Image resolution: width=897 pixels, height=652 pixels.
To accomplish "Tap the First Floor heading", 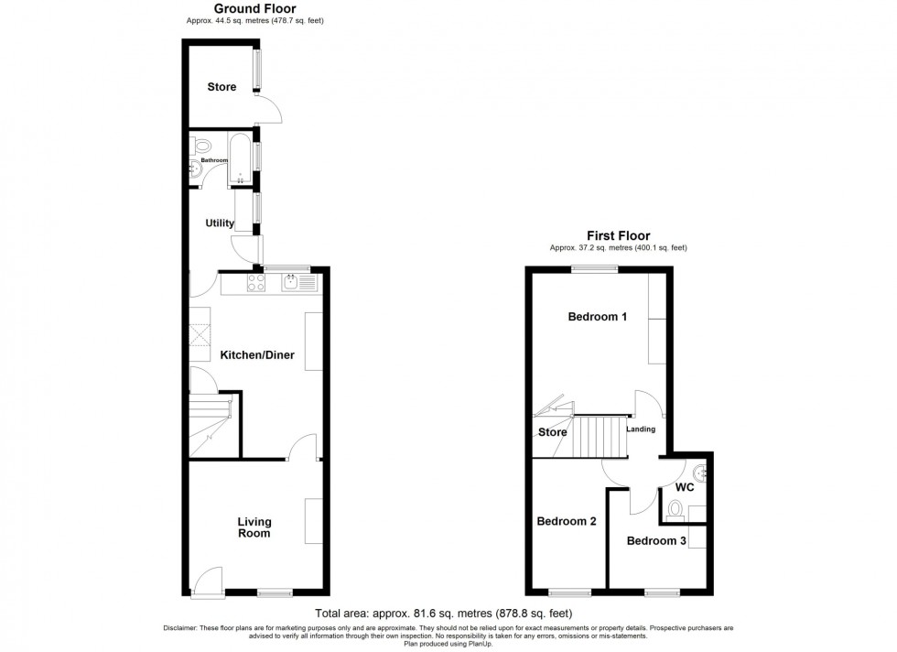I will coord(618,236).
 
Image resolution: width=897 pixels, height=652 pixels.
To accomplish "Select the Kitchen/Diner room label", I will coord(257,355).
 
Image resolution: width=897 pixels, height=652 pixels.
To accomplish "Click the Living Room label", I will coord(254,527).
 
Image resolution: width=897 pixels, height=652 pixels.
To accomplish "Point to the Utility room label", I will coord(220,223).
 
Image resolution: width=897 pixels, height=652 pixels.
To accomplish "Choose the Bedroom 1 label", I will coord(598,318).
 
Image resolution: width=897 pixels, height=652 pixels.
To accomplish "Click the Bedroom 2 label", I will coord(567,522).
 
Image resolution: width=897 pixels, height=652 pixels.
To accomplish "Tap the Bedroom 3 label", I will coord(656,541).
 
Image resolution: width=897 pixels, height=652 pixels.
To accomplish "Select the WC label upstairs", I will coord(686,487).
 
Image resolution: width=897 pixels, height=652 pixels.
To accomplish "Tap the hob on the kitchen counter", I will coord(256,282).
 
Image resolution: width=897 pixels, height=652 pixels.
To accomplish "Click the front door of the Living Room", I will coord(209,582).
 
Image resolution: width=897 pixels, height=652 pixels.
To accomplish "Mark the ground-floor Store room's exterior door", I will coord(270,109).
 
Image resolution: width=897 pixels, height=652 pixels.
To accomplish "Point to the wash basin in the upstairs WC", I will coord(700,473).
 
